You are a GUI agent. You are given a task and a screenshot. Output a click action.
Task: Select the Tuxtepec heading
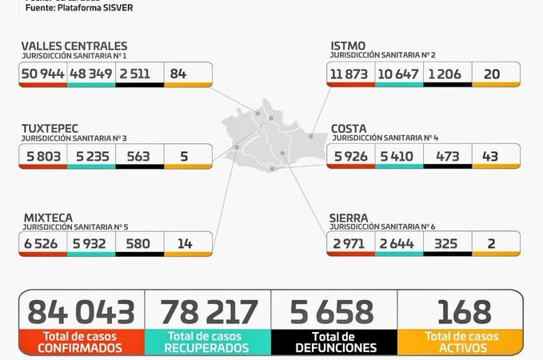click(49, 128)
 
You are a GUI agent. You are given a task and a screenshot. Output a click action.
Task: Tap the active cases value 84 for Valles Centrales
click(178, 74)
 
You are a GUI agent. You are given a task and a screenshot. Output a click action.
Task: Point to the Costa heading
click(349, 128)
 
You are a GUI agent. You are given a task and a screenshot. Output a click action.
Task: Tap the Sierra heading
click(349, 217)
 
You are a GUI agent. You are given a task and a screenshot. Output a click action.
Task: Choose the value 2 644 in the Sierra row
click(397, 243)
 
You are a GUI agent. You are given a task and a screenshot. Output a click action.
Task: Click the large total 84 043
click(81, 312)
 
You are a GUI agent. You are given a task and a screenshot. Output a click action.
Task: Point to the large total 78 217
click(209, 312)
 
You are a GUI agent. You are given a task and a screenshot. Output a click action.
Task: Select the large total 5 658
click(334, 312)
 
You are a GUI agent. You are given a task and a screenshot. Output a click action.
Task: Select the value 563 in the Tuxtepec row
click(138, 156)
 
